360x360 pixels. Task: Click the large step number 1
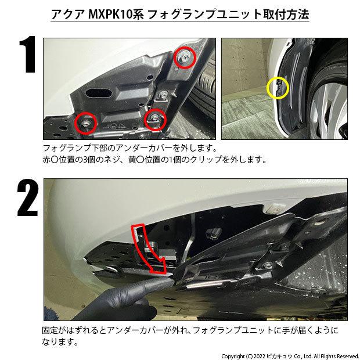pyautogui.click(x=28, y=55)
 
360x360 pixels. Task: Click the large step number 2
pyautogui.click(x=27, y=197)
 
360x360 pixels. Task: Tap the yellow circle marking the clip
pyautogui.click(x=278, y=88)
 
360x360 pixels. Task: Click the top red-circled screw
pyautogui.click(x=185, y=57)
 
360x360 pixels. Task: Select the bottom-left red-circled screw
pyautogui.click(x=86, y=123)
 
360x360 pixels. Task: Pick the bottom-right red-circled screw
pyautogui.click(x=155, y=120)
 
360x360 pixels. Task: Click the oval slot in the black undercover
pyautogui.click(x=99, y=93)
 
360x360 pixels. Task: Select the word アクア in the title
pyautogui.click(x=68, y=15)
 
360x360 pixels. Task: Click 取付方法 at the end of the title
pyautogui.click(x=286, y=15)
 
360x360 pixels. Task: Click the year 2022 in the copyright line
pyautogui.click(x=259, y=357)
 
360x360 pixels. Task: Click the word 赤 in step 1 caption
pyautogui.click(x=46, y=159)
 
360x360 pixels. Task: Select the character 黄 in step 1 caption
pyautogui.click(x=132, y=159)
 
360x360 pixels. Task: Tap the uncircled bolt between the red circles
pyautogui.click(x=164, y=95)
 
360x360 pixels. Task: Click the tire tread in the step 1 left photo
pyautogui.click(x=204, y=89)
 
